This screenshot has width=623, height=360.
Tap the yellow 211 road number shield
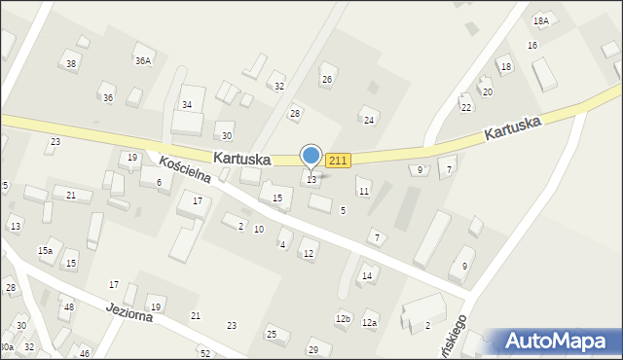click(338, 161)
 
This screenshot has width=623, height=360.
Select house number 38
click(70, 64)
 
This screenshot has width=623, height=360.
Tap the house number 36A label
click(143, 60)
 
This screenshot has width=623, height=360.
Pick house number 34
click(187, 104)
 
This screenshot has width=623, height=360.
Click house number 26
click(327, 80)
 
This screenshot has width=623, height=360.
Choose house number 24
click(369, 120)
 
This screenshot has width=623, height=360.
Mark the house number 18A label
click(541, 20)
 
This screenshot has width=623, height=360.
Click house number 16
click(531, 46)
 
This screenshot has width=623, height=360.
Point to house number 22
click(466, 107)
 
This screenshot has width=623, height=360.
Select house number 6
click(159, 182)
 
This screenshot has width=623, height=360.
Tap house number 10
click(258, 229)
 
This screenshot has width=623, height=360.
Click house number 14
click(367, 276)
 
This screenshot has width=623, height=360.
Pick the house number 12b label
click(343, 318)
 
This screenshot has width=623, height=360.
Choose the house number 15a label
click(45, 251)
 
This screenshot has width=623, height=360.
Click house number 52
click(204, 352)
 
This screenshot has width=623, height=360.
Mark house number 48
click(68, 307)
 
